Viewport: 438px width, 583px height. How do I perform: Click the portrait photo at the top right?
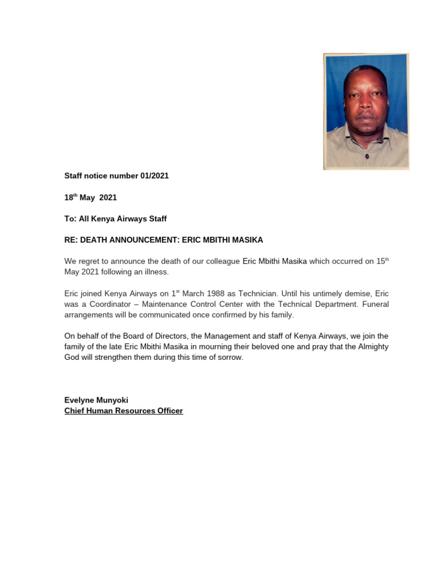click(x=366, y=112)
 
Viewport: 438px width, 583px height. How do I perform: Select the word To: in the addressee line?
click(x=70, y=219)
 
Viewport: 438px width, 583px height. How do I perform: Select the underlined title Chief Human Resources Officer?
click(x=124, y=410)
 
